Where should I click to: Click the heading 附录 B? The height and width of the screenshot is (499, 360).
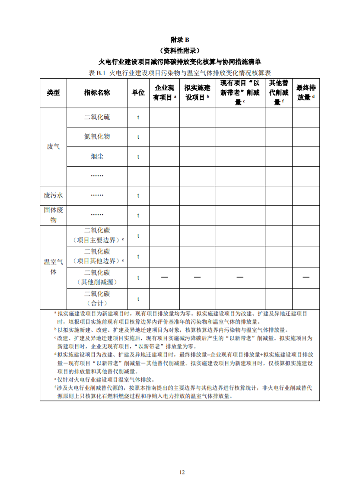pyautogui.click(x=180, y=40)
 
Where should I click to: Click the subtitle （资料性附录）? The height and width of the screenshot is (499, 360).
pyautogui.click(x=180, y=50)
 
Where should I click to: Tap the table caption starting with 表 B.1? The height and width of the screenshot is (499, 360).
pyautogui.click(x=180, y=73)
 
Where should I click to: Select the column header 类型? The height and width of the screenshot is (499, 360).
pyautogui.click(x=53, y=93)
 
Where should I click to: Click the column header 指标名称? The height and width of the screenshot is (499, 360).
pyautogui.click(x=97, y=93)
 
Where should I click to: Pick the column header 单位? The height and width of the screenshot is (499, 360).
pyautogui.click(x=138, y=93)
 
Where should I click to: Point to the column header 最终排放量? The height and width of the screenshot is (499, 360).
pyautogui.click(x=306, y=93)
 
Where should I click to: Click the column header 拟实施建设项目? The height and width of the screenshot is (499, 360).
pyautogui.click(x=197, y=93)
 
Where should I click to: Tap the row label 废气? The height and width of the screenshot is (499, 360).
pyautogui.click(x=53, y=146)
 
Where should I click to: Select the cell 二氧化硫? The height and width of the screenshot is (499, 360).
pyautogui.click(x=97, y=117)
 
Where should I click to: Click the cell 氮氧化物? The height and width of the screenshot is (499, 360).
pyautogui.click(x=97, y=137)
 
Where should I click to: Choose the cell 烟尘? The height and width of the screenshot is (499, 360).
pyautogui.click(x=97, y=156)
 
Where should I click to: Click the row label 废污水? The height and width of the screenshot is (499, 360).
pyautogui.click(x=53, y=195)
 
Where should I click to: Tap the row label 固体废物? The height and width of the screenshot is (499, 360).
pyautogui.click(x=53, y=215)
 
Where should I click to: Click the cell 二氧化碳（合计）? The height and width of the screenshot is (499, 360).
pyautogui.click(x=97, y=299)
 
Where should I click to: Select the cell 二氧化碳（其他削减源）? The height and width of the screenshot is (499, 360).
pyautogui.click(x=97, y=277)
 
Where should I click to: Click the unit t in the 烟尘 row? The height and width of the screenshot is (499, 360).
pyautogui.click(x=138, y=156)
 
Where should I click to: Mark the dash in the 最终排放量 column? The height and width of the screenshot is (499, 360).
pyautogui.click(x=306, y=277)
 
